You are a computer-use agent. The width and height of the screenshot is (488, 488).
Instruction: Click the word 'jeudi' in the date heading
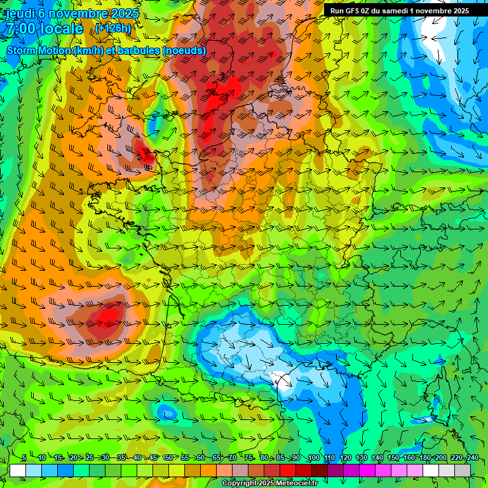point(20,13)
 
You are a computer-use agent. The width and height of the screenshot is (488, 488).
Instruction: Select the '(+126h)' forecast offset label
point(114,29)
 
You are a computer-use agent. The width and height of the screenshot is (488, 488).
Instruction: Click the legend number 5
point(24,458)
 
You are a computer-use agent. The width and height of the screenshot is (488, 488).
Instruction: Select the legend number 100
point(314,458)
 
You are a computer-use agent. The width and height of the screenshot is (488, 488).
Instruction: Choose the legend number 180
point(424,458)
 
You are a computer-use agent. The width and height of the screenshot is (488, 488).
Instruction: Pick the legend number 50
point(168,458)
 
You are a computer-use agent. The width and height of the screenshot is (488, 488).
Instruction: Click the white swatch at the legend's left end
point(18,470)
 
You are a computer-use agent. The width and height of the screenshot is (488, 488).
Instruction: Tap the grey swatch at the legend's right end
point(463,470)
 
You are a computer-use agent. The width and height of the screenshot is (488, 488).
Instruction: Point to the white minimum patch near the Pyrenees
point(280,379)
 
